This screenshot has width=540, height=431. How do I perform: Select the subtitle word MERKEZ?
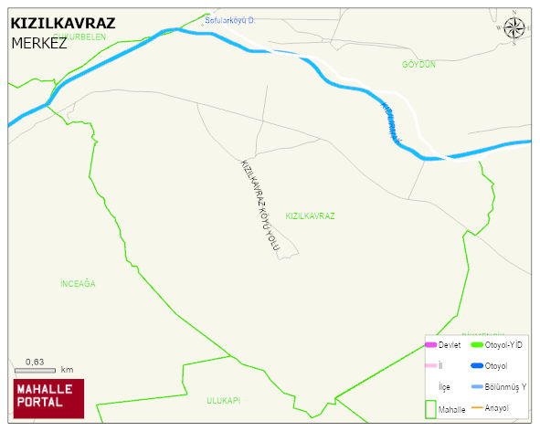pyautogui.click(x=39, y=43)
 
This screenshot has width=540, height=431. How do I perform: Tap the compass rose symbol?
pyautogui.click(x=514, y=28)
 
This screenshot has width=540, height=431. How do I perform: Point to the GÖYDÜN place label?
pyautogui.click(x=418, y=65)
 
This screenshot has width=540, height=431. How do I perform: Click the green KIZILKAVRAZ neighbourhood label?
pyautogui.click(x=310, y=216)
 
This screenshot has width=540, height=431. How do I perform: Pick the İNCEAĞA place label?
pyautogui.click(x=77, y=284)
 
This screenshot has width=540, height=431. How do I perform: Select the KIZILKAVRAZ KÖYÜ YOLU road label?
pyautogui.click(x=259, y=205)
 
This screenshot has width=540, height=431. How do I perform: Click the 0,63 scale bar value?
pyautogui.click(x=36, y=362)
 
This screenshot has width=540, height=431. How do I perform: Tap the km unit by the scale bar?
pyautogui.click(x=67, y=371)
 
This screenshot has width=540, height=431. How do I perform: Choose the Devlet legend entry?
pyautogui.click(x=449, y=345)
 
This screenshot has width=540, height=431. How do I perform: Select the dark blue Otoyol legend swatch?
pyautogui.click(x=476, y=366)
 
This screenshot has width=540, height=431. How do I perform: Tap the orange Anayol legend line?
pyautogui.click(x=476, y=407)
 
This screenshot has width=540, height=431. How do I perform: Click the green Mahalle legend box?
pyautogui.click(x=430, y=408)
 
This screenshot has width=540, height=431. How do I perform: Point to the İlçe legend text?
pyautogui.click(x=444, y=387)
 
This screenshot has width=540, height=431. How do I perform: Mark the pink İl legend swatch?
pyautogui.click(x=430, y=366)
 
